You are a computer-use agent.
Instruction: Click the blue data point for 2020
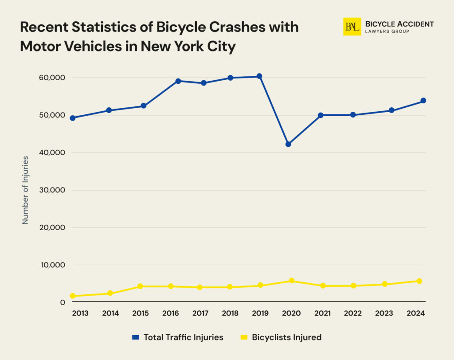[x=288, y=144]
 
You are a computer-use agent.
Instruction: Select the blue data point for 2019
[x=259, y=76]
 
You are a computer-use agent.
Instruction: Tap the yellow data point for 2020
[x=291, y=281]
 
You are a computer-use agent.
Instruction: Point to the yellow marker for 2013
[x=72, y=296]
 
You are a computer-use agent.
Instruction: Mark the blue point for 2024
[x=423, y=101]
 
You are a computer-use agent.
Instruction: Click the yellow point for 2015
[x=140, y=286]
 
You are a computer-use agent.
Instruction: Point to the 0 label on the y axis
[x=63, y=302]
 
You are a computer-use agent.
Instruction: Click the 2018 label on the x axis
[x=231, y=313]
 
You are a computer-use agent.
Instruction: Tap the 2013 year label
[x=80, y=313]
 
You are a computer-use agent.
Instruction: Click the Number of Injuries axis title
[x=25, y=190]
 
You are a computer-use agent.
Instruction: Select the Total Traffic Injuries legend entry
[x=178, y=337]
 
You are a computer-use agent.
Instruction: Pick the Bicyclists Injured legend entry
[x=281, y=337]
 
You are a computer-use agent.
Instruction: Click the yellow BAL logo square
[x=352, y=27]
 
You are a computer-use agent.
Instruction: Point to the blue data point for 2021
[x=321, y=115]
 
